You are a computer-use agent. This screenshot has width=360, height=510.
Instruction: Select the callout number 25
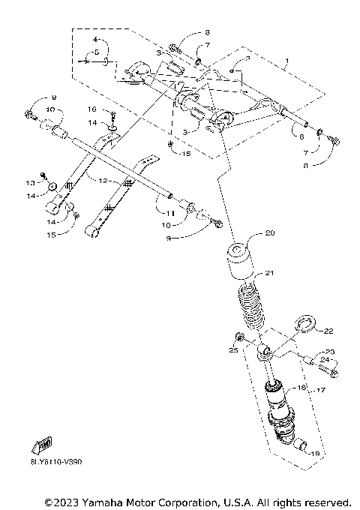[232, 350]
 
